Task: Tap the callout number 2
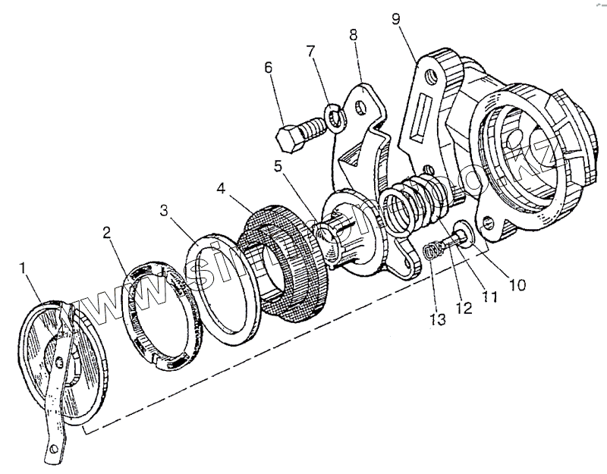pos(109,233)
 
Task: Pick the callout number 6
pos(268,67)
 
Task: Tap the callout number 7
pos(310,52)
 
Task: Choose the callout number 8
pos(353,36)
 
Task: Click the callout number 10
pos(516,286)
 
